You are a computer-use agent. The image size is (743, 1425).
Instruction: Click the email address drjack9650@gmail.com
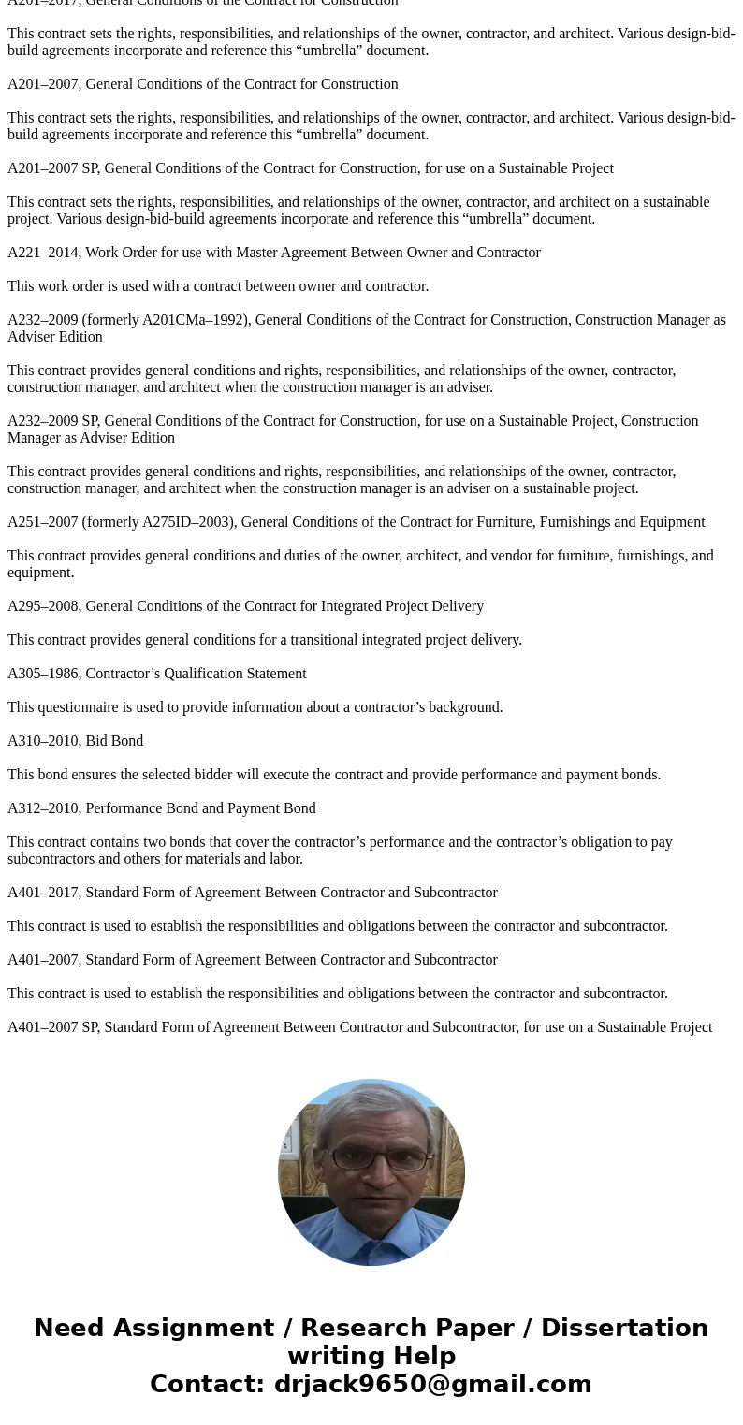[x=432, y=1385]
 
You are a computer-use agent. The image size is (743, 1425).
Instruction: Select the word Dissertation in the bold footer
[x=624, y=1329]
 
